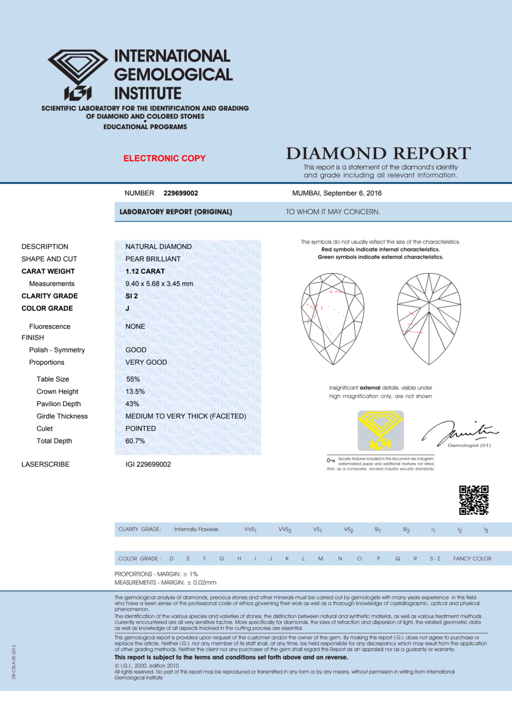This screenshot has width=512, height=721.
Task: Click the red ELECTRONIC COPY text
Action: [164, 158]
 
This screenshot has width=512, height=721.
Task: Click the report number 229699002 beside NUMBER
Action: [181, 193]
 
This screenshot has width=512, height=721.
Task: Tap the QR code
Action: [474, 500]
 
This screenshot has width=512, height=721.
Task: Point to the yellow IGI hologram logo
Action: [380, 430]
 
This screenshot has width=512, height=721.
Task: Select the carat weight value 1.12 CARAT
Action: [145, 271]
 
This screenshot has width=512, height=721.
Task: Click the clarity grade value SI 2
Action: [132, 296]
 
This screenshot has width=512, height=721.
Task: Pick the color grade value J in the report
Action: [127, 308]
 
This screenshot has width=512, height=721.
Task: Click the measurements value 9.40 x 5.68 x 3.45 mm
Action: [159, 284]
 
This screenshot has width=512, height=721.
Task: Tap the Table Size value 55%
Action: [133, 379]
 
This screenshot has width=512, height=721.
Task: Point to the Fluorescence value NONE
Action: [135, 327]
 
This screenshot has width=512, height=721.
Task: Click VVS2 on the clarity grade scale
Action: [285, 530]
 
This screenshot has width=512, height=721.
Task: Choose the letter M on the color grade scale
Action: [320, 559]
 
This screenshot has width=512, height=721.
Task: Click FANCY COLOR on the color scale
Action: [472, 559]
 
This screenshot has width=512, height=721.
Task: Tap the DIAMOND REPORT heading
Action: [378, 154]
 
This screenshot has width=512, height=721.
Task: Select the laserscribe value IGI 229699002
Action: [148, 464]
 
